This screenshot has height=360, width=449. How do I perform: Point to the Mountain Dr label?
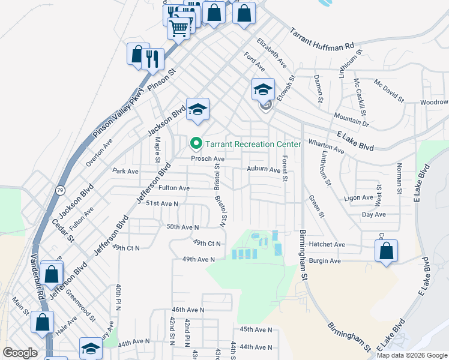coord(351,118)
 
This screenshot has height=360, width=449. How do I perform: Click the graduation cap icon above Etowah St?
coord(263,89)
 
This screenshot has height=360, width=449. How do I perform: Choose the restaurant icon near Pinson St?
coord(154,59)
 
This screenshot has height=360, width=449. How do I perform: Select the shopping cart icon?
coord(178,27)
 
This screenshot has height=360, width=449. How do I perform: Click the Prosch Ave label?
coord(208,159)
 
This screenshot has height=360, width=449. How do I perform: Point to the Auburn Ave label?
coord(264,170)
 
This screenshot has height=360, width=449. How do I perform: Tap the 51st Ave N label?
coord(163,204)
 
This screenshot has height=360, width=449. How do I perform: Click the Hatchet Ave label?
coord(327,245)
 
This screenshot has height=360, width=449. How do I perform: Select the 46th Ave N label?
coord(188,310)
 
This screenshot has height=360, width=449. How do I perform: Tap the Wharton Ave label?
coord(326,146)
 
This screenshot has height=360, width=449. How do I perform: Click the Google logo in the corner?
coord(20,353)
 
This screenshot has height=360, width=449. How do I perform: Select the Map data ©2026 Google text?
coord(411,355)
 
